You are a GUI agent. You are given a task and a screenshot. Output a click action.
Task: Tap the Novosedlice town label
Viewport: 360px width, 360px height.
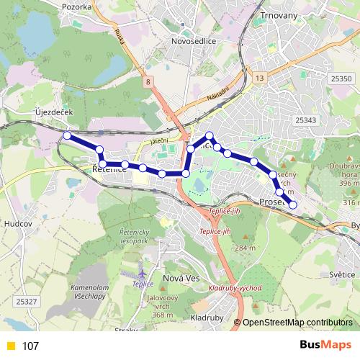194,41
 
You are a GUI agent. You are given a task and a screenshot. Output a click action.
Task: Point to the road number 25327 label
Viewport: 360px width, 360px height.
24,300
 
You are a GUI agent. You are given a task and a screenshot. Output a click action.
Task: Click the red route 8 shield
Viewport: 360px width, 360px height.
148,84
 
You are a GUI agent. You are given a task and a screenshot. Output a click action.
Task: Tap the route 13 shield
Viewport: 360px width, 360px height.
259,78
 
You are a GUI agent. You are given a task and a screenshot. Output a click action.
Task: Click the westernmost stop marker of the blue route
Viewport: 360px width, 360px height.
67,135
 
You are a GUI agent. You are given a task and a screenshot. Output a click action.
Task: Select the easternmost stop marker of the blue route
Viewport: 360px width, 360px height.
292,205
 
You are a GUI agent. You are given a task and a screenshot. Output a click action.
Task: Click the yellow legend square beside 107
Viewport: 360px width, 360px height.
10,346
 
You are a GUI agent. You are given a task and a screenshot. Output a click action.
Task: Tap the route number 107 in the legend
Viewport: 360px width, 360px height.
30,346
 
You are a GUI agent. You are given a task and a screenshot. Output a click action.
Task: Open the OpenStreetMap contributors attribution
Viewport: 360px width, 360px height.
297,323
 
